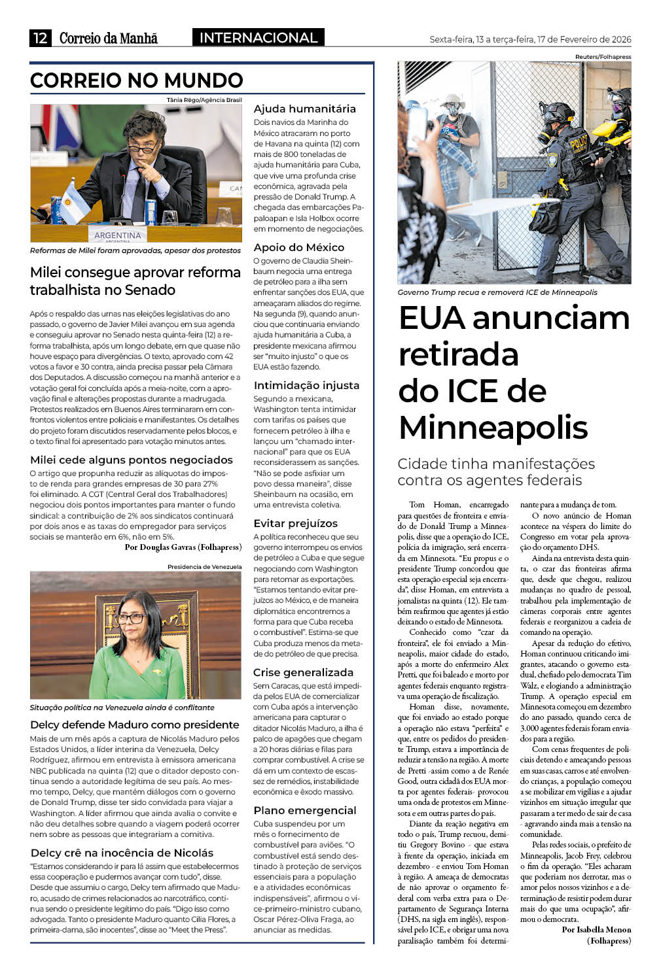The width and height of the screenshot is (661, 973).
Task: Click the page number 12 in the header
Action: (x=40, y=38)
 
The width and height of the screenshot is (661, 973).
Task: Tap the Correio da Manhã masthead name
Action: (x=108, y=38)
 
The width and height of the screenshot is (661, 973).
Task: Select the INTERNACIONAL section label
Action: (x=258, y=38)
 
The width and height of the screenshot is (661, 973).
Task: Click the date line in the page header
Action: (x=530, y=39)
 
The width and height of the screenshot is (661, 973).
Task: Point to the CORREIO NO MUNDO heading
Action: (x=136, y=80)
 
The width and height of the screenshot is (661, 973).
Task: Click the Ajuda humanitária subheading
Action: (x=304, y=109)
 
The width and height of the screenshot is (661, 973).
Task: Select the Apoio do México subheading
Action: (x=298, y=247)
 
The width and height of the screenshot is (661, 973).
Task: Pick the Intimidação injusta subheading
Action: (x=306, y=385)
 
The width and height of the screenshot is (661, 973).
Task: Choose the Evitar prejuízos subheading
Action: (x=295, y=523)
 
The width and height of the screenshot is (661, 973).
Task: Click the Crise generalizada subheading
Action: (x=303, y=672)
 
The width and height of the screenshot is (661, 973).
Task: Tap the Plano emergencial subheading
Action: (x=304, y=810)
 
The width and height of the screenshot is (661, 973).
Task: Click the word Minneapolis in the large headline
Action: (x=493, y=428)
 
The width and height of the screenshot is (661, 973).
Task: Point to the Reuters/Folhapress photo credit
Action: (x=603, y=57)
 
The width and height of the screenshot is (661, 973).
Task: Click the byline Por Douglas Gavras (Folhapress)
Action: (x=183, y=547)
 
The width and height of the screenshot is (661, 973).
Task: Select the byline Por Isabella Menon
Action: (x=596, y=929)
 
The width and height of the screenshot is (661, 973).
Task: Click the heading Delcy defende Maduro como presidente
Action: (x=134, y=725)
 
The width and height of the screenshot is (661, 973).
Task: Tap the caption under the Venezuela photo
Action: (x=122, y=708)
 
